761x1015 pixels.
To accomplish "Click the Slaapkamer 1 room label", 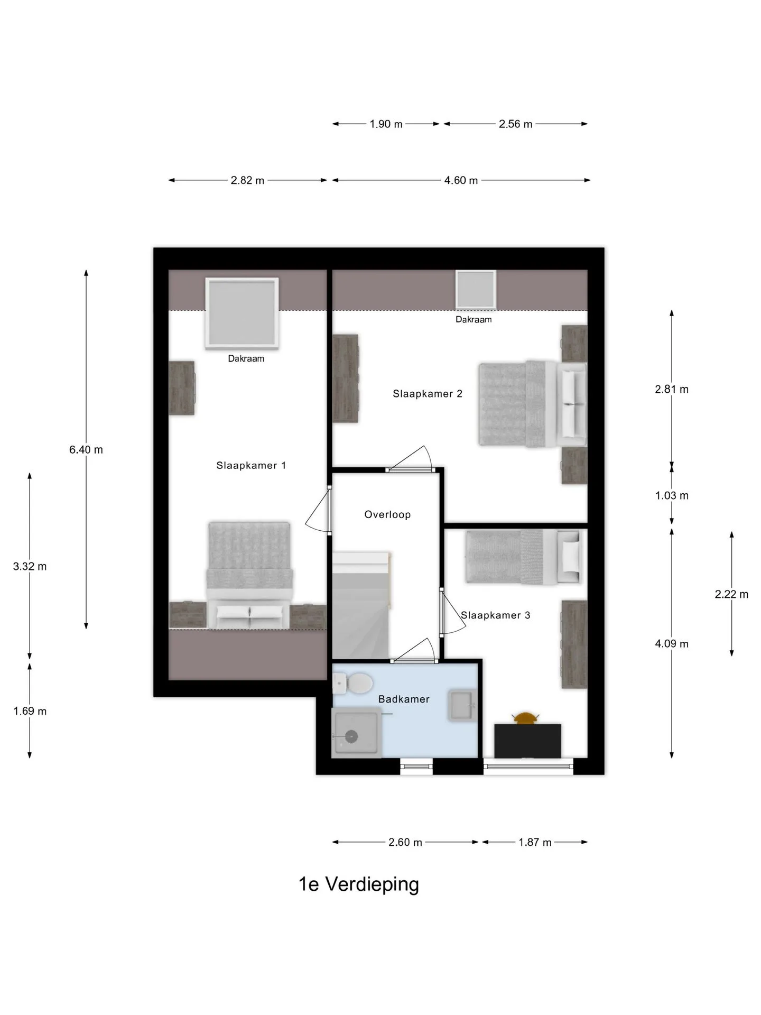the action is (251, 466).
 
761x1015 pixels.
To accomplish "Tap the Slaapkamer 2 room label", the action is (428, 394).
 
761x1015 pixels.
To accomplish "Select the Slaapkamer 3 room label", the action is (496, 615).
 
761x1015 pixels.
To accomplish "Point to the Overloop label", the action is (387, 514).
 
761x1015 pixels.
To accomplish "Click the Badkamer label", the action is (404, 699).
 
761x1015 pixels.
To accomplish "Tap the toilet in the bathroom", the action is (353, 683).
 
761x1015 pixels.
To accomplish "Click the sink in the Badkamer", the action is (462, 705).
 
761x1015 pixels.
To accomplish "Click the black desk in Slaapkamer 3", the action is (527, 741).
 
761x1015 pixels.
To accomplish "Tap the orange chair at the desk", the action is (525, 718).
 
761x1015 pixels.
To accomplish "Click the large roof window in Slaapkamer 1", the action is (242, 313).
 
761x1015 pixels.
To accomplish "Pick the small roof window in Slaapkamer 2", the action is (476, 289).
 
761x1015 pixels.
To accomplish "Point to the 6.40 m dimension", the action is (86, 450).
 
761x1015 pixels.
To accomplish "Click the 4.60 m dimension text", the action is (461, 180).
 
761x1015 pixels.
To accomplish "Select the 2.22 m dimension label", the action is (732, 594).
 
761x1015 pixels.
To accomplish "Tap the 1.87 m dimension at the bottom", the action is (535, 842).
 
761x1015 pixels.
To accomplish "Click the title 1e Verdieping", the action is (359, 884).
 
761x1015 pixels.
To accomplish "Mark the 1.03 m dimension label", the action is (672, 495).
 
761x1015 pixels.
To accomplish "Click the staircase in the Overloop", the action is (362, 605).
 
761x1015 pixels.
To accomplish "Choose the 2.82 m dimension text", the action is (247, 180).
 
